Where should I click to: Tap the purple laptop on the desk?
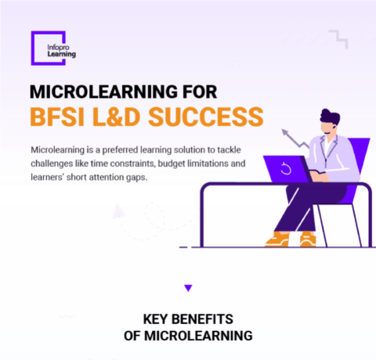pyautogui.click(x=287, y=168)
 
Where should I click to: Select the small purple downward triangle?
pyautogui.click(x=187, y=288)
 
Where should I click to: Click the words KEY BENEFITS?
pyautogui.click(x=188, y=319)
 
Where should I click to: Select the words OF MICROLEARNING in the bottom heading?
pyautogui.click(x=188, y=335)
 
